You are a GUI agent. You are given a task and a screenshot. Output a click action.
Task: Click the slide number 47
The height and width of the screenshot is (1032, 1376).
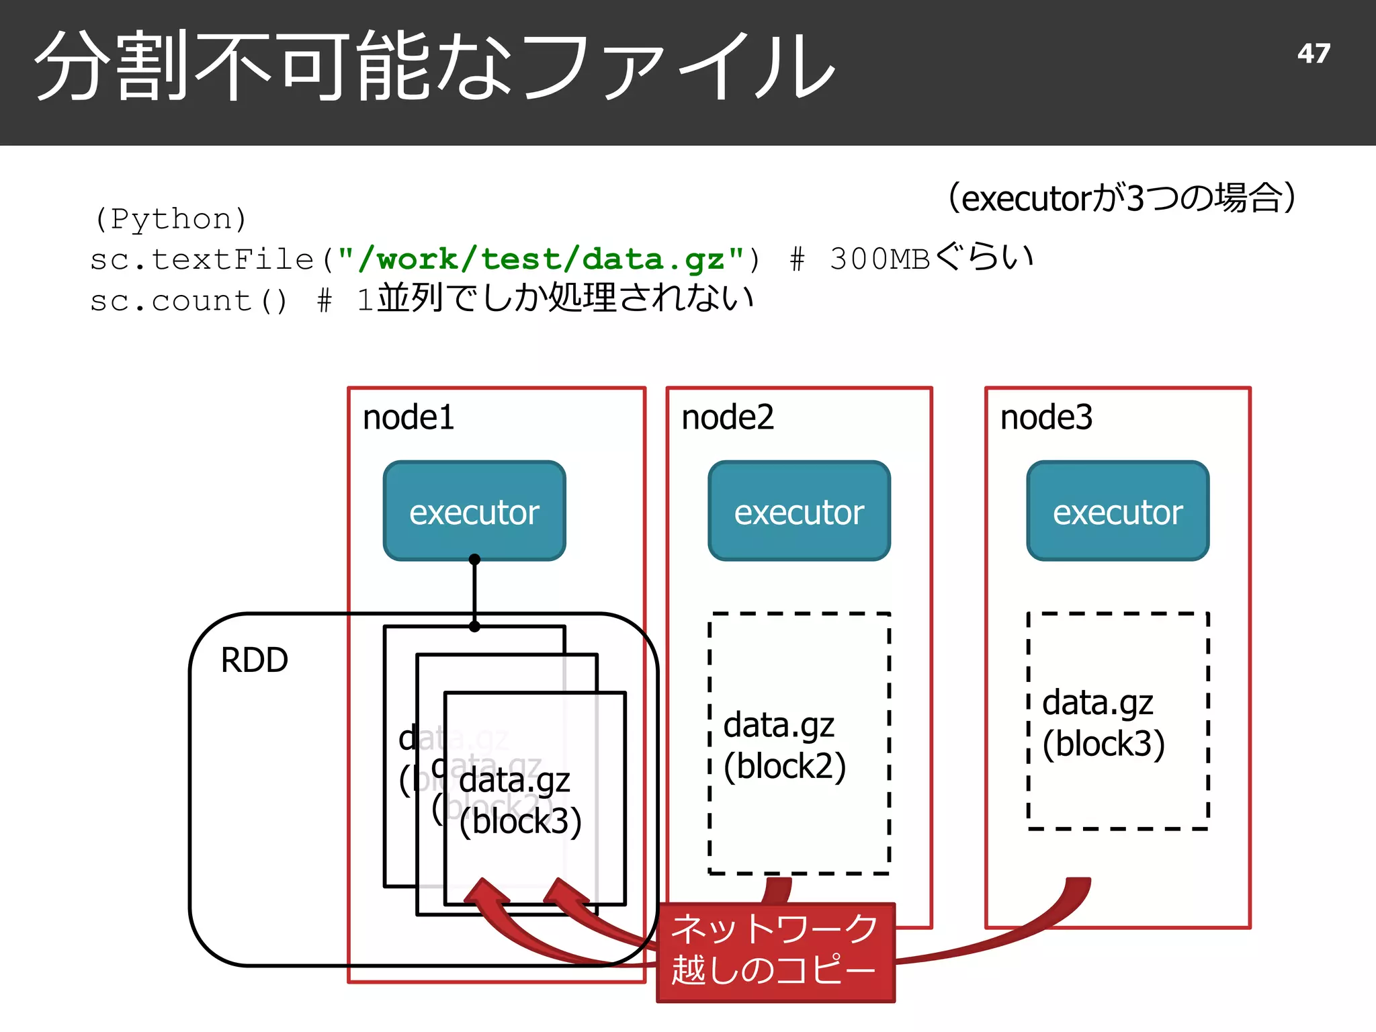coord(1314,54)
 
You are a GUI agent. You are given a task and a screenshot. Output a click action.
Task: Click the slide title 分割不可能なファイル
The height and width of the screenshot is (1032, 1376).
coord(435,67)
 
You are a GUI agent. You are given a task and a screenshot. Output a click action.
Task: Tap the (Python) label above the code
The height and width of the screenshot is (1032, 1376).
coord(171,219)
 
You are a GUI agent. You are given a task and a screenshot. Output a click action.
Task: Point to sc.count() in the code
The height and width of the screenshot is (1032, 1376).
coord(189,300)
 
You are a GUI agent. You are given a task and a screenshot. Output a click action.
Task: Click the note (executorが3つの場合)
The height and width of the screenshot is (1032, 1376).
coord(1121,198)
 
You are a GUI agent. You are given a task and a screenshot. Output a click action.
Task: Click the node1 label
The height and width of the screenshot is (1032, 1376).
coord(408,417)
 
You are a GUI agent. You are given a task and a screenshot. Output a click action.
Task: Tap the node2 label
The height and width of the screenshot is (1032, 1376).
coord(727,417)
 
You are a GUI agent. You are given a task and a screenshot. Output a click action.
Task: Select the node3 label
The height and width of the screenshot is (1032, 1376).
coord(1046,417)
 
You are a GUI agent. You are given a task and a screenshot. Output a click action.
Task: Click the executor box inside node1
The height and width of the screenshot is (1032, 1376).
coord(474,511)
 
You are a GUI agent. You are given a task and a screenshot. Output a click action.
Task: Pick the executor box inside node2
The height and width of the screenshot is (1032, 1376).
coord(799,511)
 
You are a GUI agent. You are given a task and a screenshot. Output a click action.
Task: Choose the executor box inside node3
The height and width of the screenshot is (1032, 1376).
coord(1117,511)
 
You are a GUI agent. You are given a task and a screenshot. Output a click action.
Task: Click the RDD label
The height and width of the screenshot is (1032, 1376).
coord(254,660)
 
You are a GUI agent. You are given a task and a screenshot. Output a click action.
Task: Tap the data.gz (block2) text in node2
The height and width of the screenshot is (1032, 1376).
coord(783,746)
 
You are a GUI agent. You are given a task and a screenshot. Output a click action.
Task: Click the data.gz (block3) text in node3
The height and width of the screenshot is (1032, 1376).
coord(1103,723)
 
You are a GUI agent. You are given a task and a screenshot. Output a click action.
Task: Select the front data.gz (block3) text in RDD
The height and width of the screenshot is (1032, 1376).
coord(519,801)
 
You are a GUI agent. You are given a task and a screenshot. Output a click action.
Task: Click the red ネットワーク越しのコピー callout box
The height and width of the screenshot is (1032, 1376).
coord(775,953)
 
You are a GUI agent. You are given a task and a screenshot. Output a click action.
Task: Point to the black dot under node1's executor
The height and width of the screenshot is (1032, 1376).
coord(474,559)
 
